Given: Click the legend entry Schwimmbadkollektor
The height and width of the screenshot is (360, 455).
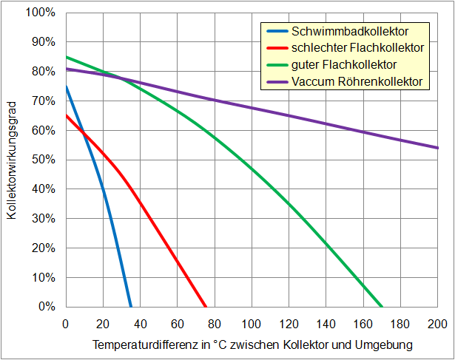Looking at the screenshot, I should (x=350, y=31).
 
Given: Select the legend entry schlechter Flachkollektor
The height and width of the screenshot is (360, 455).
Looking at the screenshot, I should (x=358, y=47).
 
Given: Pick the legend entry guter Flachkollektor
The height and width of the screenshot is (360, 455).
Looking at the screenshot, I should (x=344, y=64).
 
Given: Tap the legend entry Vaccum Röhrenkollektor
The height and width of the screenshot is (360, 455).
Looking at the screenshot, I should (x=357, y=81).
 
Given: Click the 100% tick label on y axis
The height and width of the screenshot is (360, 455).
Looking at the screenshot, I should (x=40, y=13).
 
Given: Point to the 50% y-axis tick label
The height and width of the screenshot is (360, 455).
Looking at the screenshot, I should (x=43, y=160).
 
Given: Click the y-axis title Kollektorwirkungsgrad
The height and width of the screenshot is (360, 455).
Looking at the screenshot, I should (x=12, y=160).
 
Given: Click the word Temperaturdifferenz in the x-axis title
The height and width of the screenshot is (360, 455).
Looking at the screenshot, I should (x=138, y=345).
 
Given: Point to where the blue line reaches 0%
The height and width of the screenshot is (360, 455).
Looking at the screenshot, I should (x=131, y=306).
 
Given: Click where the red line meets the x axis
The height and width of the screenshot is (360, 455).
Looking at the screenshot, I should (x=206, y=306).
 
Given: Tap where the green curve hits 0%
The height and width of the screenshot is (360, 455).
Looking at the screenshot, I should (x=382, y=306).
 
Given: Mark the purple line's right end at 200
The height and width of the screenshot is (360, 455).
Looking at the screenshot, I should (x=437, y=148).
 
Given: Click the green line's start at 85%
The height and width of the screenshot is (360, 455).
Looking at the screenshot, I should (x=66, y=57).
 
